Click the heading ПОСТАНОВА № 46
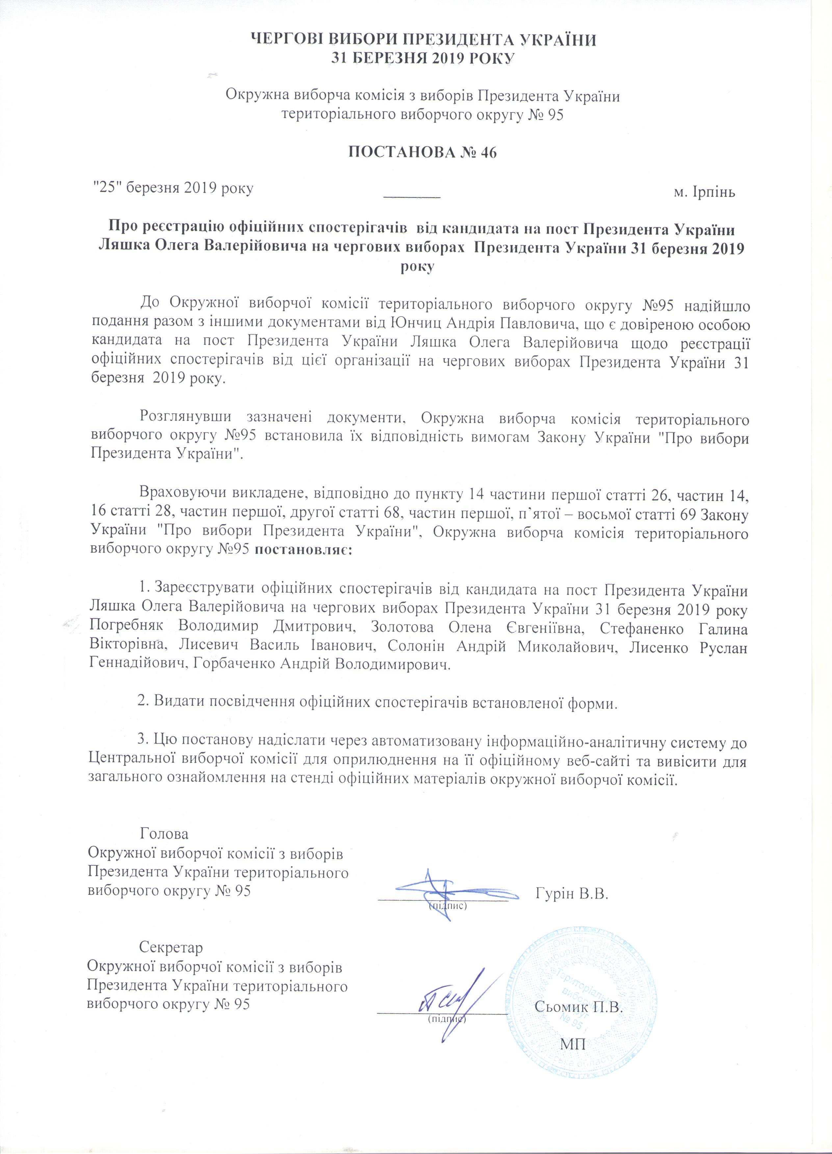[421, 153]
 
